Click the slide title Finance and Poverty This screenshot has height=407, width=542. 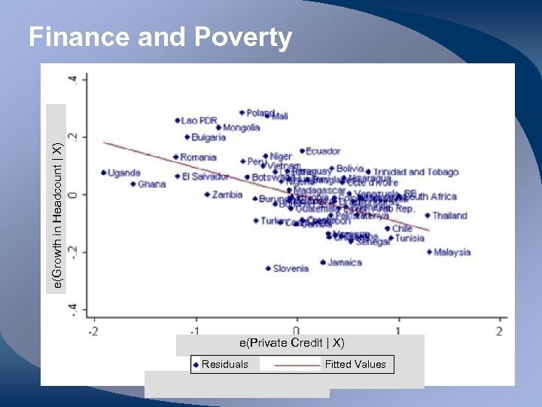click(x=160, y=37)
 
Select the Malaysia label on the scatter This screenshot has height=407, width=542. click(x=452, y=252)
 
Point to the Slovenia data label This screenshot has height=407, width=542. click(x=290, y=268)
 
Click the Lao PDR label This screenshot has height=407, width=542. click(x=199, y=121)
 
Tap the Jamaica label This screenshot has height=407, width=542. click(x=344, y=263)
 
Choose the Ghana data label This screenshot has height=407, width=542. click(x=151, y=185)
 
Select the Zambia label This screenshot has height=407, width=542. click(x=227, y=195)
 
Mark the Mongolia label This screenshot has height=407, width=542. click(x=241, y=128)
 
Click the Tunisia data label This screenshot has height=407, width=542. click(x=410, y=239)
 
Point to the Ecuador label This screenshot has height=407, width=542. click(x=322, y=151)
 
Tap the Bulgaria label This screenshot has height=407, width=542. click(x=208, y=138)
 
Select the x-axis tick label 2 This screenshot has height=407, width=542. click(x=500, y=332)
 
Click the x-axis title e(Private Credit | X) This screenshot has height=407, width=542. click(x=292, y=343)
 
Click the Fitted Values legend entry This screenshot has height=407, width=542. click(x=355, y=365)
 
